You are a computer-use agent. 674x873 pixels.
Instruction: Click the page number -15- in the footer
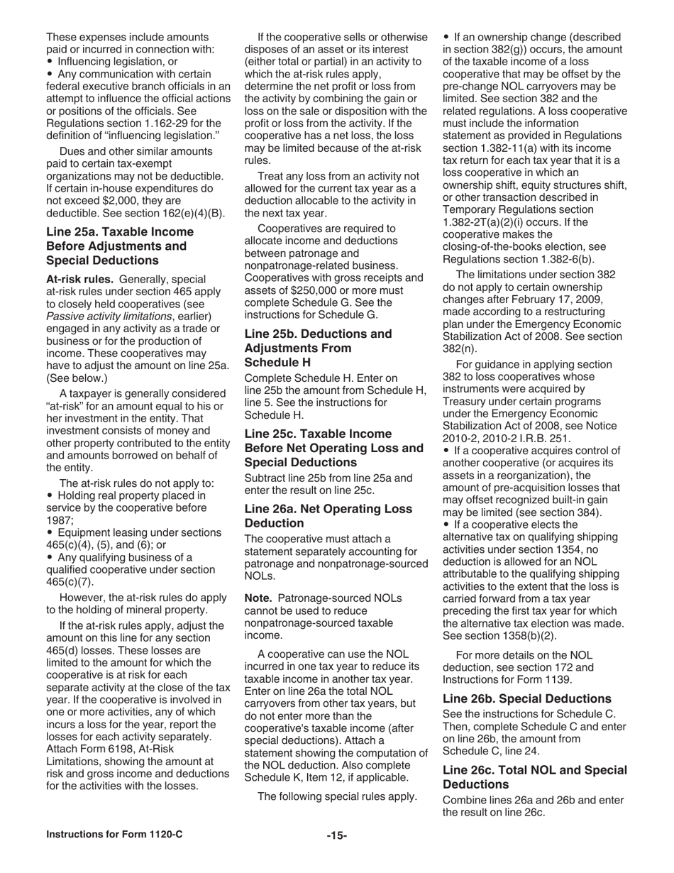(336, 835)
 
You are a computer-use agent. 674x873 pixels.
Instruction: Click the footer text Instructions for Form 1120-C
(114, 835)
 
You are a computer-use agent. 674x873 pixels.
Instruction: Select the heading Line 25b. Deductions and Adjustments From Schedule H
(317, 348)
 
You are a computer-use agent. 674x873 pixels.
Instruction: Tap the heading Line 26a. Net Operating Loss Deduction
(328, 516)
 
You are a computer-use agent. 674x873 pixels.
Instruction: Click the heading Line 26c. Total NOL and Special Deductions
(534, 777)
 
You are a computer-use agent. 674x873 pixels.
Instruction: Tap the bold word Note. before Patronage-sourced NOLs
(258, 598)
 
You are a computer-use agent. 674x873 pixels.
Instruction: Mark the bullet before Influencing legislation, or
(50, 62)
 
